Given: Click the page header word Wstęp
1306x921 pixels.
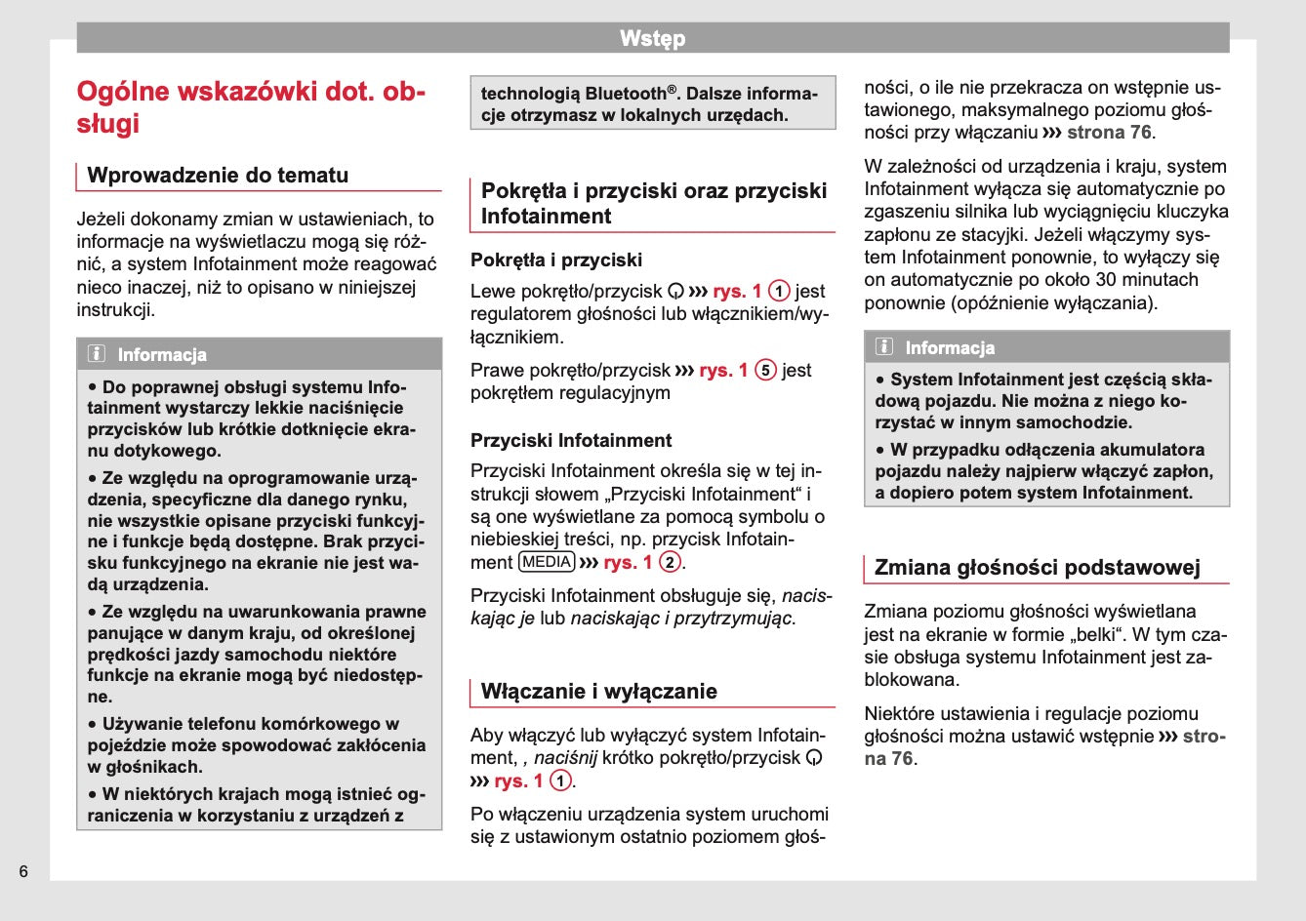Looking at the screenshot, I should [652, 38].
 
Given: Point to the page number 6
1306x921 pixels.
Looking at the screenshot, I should [23, 871].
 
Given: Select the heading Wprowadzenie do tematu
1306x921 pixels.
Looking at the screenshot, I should [218, 176].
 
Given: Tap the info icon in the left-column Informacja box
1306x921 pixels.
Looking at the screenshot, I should [97, 354].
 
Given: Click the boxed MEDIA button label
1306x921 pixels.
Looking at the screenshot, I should [547, 562].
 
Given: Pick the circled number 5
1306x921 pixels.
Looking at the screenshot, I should [766, 371].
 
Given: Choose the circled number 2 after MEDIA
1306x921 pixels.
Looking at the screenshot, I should [670, 562].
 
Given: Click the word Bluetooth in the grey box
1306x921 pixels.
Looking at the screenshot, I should [625, 94].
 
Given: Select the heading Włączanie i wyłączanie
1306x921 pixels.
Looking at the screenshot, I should [598, 692].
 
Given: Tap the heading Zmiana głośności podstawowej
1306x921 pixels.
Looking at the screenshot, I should [1037, 568].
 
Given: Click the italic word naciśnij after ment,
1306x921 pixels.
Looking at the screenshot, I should [565, 758].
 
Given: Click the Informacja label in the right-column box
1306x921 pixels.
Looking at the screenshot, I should [950, 348].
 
